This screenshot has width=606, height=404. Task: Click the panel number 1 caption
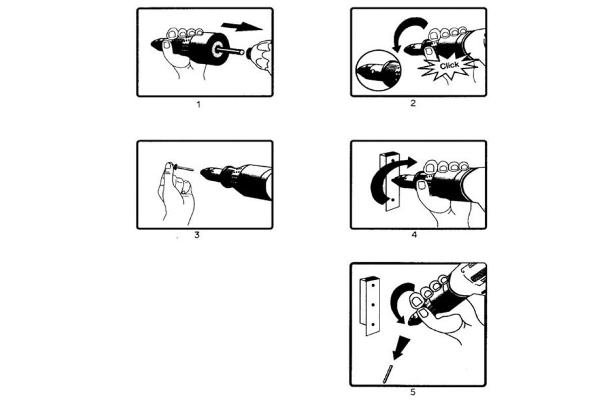198,105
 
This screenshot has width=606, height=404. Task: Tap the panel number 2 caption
413,103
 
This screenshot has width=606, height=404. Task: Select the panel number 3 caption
197,235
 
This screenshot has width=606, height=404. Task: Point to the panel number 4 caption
414,235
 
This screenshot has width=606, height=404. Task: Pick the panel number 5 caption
413,392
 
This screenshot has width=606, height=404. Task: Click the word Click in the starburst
449,65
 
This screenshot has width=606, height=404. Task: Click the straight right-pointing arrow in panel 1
241,27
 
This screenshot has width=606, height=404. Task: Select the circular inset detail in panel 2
378,70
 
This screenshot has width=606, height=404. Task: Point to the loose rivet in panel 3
183,168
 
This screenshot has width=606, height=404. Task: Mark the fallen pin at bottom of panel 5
388,374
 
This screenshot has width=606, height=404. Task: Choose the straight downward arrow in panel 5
401,348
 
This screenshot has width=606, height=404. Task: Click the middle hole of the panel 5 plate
373,305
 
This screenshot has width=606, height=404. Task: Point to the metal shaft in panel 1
230,50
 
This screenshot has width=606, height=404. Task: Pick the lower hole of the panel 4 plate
393,200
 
